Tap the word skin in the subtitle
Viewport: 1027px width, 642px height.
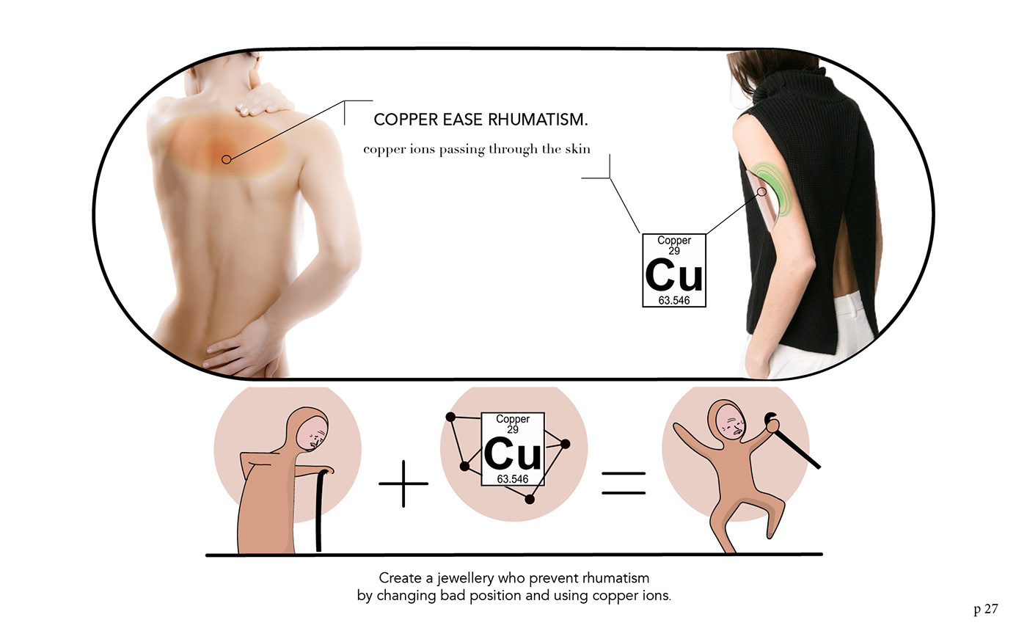pyautogui.click(x=577, y=149)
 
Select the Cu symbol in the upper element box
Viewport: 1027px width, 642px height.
pyautogui.click(x=673, y=275)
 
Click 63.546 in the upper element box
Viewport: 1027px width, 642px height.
pyautogui.click(x=673, y=301)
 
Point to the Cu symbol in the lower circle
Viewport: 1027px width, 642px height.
pyautogui.click(x=513, y=453)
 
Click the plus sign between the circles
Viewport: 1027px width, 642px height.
pyautogui.click(x=403, y=484)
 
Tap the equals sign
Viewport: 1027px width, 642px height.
pyautogui.click(x=624, y=484)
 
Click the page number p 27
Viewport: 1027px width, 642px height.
pyautogui.click(x=985, y=609)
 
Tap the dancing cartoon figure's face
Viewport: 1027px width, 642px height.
pyautogui.click(x=731, y=423)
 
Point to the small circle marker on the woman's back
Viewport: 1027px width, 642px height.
pyautogui.click(x=227, y=158)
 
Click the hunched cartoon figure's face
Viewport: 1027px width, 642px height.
pyautogui.click(x=315, y=434)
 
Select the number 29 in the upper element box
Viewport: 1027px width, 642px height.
pyautogui.click(x=673, y=251)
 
